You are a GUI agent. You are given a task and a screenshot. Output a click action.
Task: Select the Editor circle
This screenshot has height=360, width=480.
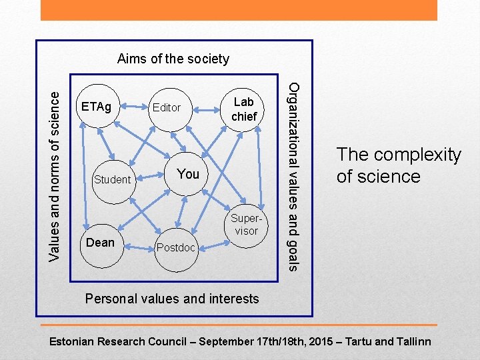[x=167, y=107]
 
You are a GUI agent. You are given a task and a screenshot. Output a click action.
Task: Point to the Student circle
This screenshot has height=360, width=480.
[x=113, y=179]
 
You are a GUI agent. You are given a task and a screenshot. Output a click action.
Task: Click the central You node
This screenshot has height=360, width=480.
[x=188, y=174]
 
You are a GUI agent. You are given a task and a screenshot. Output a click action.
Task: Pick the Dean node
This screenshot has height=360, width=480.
[x=101, y=243]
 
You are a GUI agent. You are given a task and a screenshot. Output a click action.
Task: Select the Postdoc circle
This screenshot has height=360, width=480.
[x=177, y=248]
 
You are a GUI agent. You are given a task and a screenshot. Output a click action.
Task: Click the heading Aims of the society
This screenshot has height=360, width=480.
[x=173, y=59]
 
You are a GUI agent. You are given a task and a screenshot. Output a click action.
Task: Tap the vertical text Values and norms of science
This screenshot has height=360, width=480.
[x=59, y=167]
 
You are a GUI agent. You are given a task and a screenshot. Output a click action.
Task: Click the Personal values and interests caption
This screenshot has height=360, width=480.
[x=172, y=299]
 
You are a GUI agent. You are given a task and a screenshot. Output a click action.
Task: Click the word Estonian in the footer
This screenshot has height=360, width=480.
[x=73, y=342]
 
